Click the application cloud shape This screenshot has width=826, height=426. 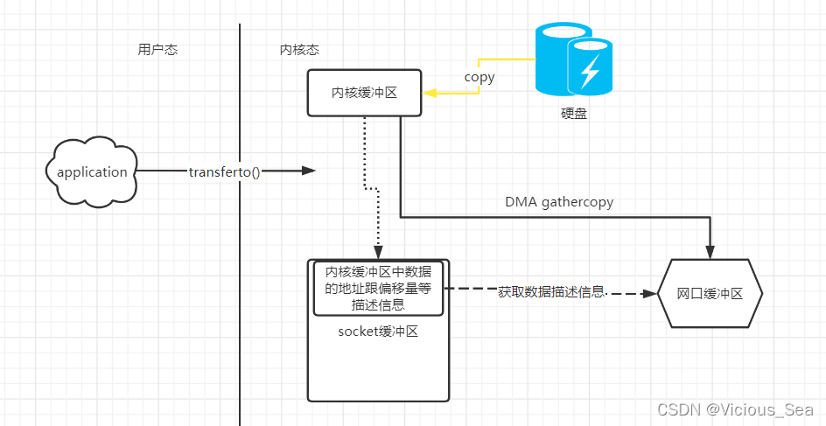(x=92, y=171)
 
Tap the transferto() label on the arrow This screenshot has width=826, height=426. (x=224, y=171)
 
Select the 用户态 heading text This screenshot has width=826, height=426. (x=157, y=50)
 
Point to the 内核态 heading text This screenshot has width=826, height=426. (x=287, y=50)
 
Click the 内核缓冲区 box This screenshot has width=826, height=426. (x=364, y=93)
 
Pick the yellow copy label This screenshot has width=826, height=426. (x=479, y=77)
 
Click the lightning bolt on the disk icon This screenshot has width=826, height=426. (x=589, y=69)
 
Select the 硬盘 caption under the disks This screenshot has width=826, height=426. (x=574, y=113)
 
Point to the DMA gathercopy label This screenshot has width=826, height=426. (x=559, y=201)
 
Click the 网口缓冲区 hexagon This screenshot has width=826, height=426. (x=710, y=294)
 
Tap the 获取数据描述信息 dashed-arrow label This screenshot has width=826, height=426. (x=551, y=291)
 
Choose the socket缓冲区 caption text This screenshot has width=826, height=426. (x=378, y=332)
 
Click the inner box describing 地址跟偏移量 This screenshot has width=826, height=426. (x=378, y=289)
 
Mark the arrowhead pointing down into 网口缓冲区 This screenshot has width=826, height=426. (x=710, y=252)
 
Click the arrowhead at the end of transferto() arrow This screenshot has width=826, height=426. (x=307, y=171)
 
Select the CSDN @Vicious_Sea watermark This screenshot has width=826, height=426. (x=734, y=409)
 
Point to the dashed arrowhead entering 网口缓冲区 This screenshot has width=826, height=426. (x=651, y=294)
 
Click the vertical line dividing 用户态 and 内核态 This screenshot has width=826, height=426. (x=240, y=262)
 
